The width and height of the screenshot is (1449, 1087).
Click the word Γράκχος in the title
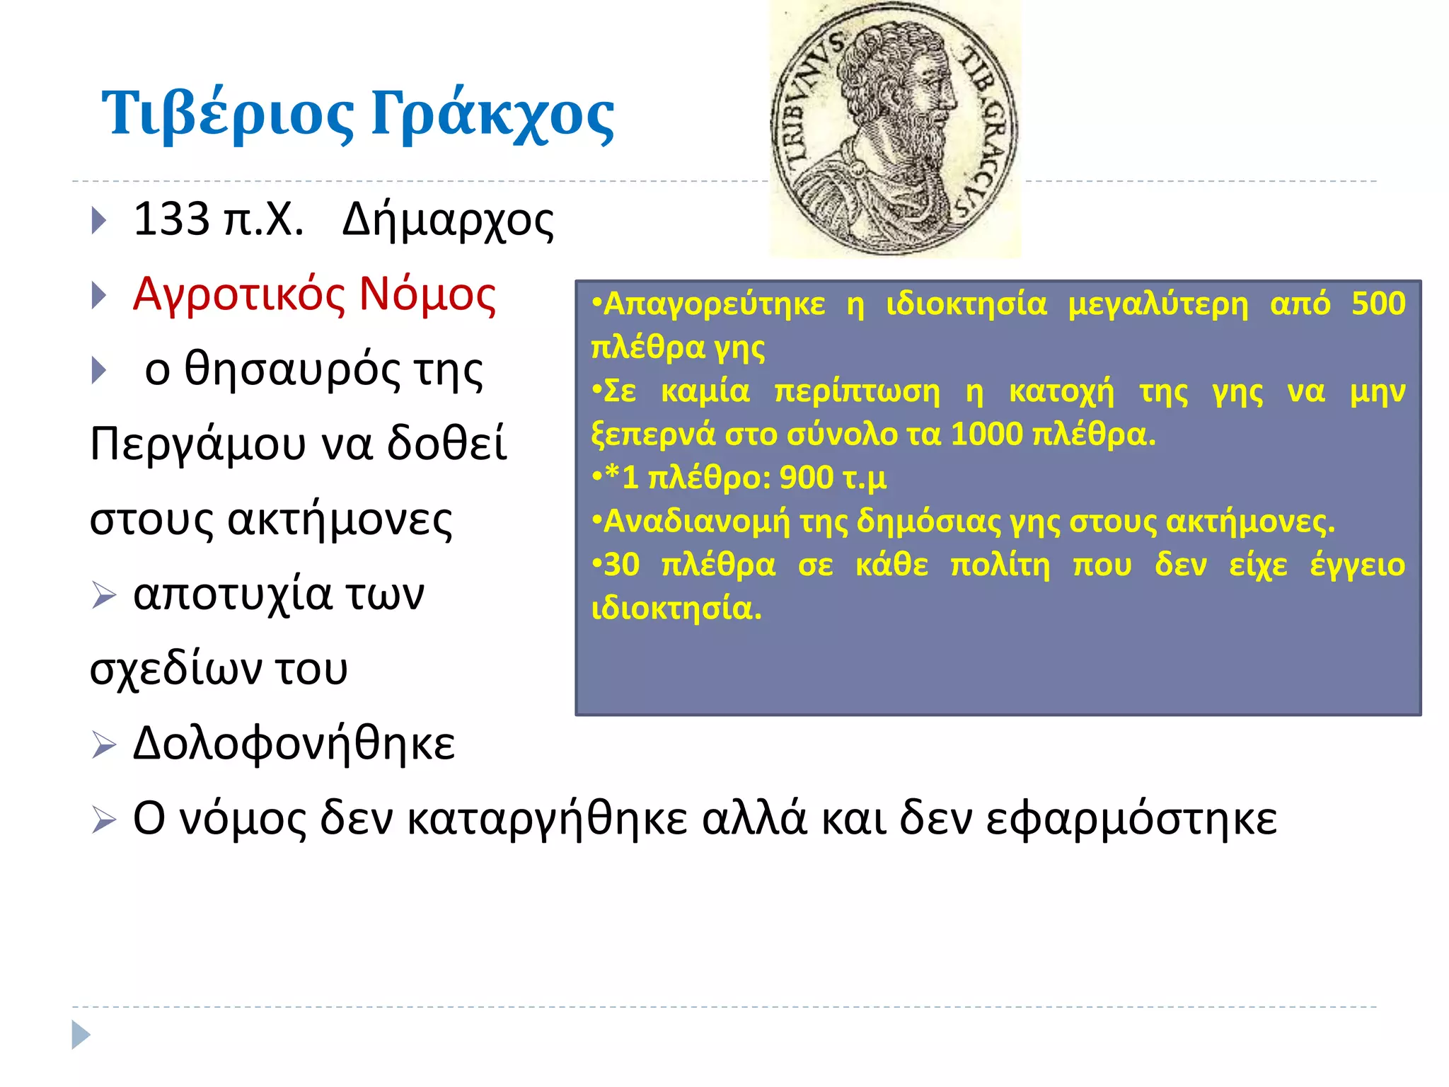tap(493, 113)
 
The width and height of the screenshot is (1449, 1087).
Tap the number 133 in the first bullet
tap(171, 219)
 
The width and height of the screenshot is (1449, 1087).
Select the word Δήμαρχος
tap(448, 221)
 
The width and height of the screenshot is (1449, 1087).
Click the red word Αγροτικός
tap(239, 294)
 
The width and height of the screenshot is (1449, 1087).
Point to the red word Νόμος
tap(427, 294)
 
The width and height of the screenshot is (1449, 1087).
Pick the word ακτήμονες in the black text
tap(340, 520)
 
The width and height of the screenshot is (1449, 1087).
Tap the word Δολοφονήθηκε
tap(294, 744)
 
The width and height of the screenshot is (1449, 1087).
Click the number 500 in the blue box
tap(1378, 304)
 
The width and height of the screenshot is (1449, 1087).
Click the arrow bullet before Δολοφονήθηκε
tap(103, 745)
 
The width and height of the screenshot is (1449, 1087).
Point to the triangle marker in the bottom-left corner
tap(81, 1035)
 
